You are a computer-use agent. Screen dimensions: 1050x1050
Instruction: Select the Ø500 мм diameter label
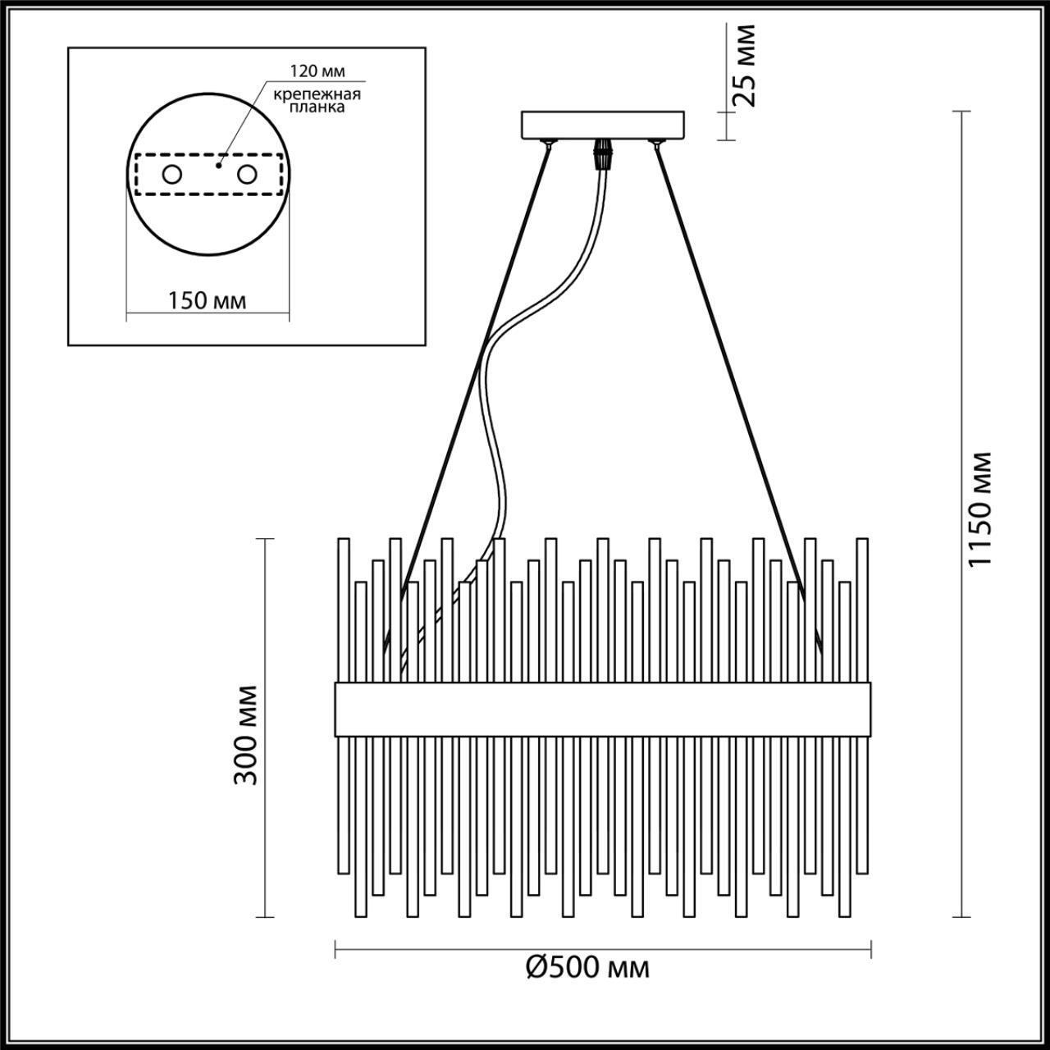pos(587,967)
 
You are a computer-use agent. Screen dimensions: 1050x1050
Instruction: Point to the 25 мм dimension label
pos(745,66)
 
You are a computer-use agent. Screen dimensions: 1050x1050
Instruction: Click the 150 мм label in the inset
pos(207,300)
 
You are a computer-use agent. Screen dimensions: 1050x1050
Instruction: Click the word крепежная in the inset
pos(318,93)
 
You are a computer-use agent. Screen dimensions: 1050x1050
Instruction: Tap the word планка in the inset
pos(318,107)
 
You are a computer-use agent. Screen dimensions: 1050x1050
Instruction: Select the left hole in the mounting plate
pos(171,175)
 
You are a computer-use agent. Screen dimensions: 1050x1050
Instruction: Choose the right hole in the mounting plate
pos(246,175)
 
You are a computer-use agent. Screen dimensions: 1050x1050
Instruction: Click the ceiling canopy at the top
pos(605,125)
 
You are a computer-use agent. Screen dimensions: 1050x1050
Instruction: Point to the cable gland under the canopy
pos(605,152)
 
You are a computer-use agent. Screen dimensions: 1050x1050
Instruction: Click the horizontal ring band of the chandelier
pos(602,708)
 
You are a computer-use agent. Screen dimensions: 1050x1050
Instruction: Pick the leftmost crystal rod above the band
pos(344,607)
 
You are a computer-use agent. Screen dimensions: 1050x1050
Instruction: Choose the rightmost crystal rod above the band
pos(861,607)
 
